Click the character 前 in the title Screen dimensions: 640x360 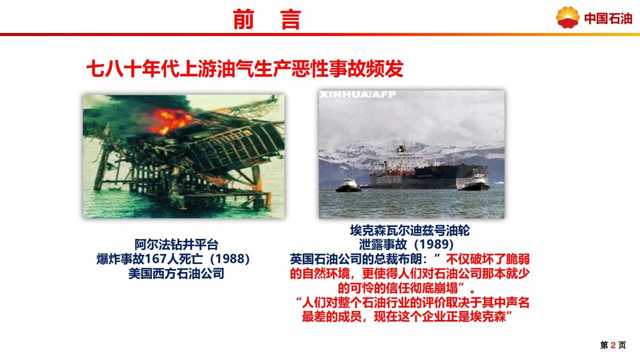coord(243,19)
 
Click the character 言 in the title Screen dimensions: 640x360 coord(291,19)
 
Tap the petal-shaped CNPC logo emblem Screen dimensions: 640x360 coord(567,17)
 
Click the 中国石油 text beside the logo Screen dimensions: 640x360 coord(607,18)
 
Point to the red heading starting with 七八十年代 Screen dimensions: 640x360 coord(245,68)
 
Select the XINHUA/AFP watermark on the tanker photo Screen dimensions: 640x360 coord(358,94)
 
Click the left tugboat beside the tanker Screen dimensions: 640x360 coord(348,184)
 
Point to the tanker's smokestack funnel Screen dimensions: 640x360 coord(401,148)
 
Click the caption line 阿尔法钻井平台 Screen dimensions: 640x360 coord(176,244)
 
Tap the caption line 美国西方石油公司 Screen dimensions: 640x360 coord(176,273)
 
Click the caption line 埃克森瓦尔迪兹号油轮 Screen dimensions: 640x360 coord(410,230)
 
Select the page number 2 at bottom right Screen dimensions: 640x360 coord(613,345)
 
